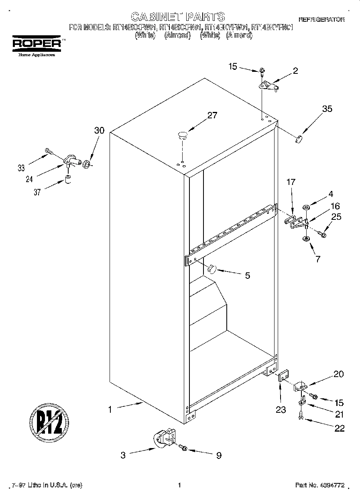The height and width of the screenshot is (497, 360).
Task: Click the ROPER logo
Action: coord(37,43)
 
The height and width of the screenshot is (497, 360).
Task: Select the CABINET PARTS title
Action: coord(178,16)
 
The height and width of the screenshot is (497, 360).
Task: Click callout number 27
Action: coord(212,116)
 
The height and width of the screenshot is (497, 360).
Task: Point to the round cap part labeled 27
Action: coord(183,135)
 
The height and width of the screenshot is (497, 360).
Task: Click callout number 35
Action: coord(327,108)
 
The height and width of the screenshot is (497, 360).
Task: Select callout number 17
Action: coord(291,182)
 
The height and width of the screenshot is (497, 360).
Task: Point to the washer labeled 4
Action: coord(306,208)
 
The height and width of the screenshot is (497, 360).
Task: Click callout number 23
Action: coord(281,409)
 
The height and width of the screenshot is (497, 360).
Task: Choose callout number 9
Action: coord(219,455)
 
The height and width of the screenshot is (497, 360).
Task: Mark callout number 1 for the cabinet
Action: coord(109,410)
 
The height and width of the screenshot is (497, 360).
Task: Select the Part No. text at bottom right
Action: coord(319,485)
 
